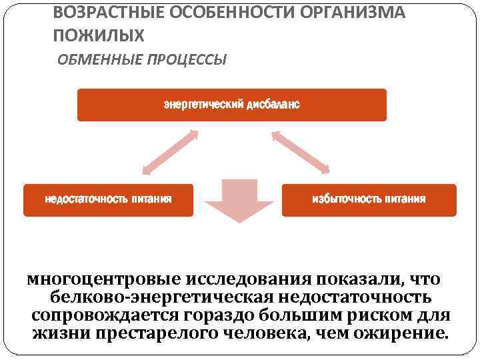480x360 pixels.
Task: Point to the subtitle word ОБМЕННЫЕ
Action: pos(93,60)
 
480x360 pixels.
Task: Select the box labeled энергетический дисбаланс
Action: pos(231,105)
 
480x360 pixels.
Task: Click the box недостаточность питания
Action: pos(108,200)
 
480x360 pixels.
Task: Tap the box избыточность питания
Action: pos(369,200)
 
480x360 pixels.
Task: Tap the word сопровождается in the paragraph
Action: pos(111,314)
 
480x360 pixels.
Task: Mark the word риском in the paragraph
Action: pos(387,314)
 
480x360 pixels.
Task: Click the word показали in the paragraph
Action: pos(363,278)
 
